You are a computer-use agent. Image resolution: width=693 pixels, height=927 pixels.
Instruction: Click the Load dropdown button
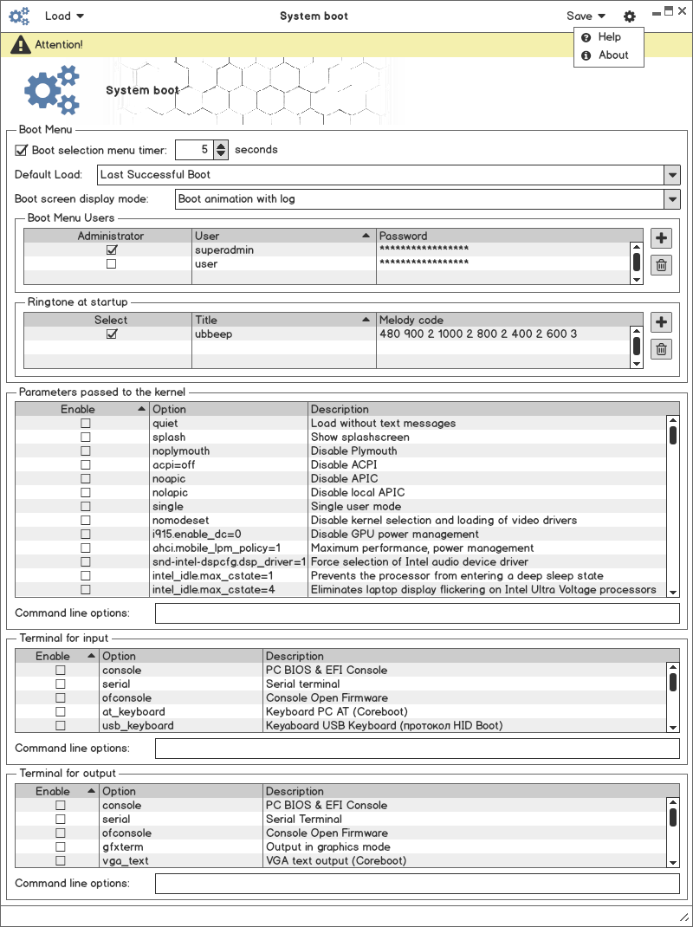tap(64, 16)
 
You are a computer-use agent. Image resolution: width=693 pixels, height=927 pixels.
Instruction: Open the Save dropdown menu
tap(586, 16)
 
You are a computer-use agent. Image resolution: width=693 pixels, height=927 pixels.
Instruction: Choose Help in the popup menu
tap(609, 37)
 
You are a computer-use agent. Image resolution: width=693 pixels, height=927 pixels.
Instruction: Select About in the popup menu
tap(612, 55)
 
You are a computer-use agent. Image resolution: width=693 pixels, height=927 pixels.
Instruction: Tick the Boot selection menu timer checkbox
tap(22, 150)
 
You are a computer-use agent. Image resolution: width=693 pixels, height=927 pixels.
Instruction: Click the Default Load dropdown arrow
tap(672, 174)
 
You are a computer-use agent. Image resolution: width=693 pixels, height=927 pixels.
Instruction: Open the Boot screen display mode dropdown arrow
tap(672, 198)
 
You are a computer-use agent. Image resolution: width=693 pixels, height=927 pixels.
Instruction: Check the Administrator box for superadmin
tap(111, 250)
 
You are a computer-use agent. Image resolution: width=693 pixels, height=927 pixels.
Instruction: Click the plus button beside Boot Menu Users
tap(661, 238)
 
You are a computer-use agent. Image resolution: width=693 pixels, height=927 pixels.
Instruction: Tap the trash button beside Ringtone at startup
tap(661, 349)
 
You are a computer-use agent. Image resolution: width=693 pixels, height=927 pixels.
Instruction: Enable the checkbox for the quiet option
tap(85, 423)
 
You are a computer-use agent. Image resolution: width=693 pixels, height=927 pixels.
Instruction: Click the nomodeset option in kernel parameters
tap(180, 520)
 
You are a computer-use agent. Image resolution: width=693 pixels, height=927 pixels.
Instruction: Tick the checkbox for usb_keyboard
tap(61, 725)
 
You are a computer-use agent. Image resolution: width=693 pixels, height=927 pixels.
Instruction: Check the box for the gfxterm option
tap(61, 846)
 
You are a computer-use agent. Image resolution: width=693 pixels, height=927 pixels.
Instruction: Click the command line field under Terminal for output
tap(417, 883)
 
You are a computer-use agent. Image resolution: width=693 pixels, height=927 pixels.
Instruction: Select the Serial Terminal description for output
tap(303, 819)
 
